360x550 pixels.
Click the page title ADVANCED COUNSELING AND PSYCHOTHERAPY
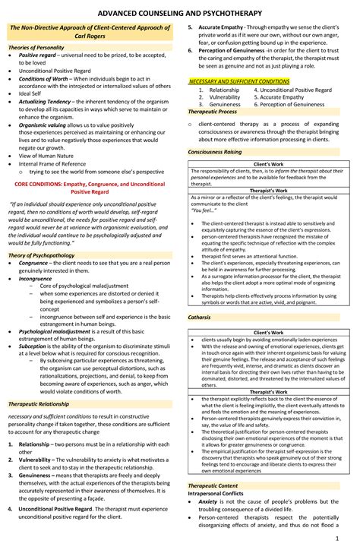coord(180,13)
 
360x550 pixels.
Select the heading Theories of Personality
coord(37,68)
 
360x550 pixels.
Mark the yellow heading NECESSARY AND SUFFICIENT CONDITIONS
coord(239,81)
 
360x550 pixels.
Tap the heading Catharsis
coord(200,315)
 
